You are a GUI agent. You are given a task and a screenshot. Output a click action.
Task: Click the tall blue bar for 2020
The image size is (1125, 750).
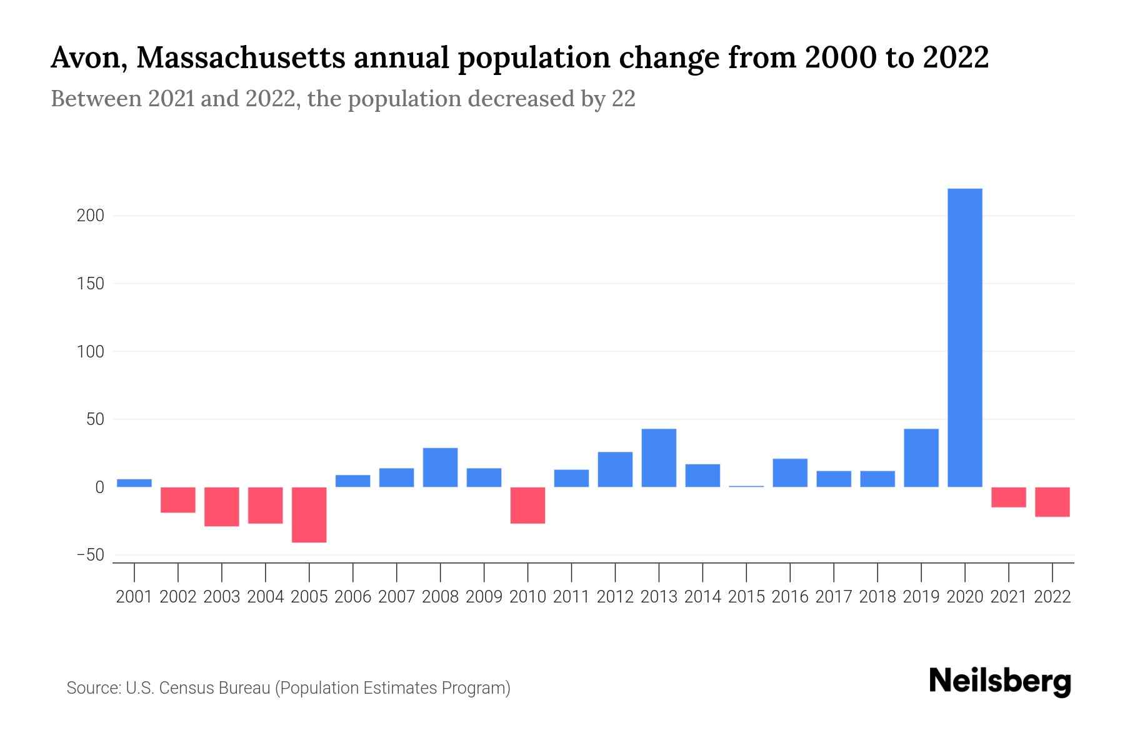click(964, 337)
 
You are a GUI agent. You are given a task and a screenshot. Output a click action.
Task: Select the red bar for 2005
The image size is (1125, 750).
click(309, 514)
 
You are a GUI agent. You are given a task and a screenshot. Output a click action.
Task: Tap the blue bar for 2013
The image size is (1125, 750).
click(659, 457)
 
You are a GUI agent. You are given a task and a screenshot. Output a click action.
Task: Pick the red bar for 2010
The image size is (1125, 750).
click(527, 505)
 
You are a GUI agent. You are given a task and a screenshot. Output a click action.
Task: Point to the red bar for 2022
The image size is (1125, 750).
click(1052, 502)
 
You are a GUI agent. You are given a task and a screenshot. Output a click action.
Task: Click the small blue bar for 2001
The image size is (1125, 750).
click(134, 483)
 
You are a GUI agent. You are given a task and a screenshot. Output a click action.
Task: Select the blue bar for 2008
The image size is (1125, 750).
click(440, 467)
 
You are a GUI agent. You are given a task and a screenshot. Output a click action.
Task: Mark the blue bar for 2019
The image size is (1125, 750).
click(921, 457)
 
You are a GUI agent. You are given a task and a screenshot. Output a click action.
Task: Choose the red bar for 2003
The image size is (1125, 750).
click(222, 506)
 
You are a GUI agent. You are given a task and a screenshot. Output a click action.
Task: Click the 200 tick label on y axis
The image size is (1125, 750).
click(90, 216)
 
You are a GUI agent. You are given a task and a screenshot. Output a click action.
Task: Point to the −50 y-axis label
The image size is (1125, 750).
click(90, 555)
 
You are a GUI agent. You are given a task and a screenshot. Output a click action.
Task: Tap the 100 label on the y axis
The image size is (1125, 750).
click(90, 351)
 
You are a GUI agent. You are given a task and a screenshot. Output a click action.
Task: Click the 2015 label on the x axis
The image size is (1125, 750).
click(746, 596)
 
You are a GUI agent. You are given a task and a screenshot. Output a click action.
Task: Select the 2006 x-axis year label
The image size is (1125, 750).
click(352, 596)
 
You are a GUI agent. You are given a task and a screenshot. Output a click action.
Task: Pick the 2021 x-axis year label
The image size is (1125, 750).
click(1008, 596)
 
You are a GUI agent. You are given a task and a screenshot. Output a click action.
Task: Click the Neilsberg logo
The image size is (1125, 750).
click(1000, 682)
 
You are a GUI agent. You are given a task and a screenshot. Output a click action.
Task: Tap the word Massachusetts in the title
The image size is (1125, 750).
click(240, 57)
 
